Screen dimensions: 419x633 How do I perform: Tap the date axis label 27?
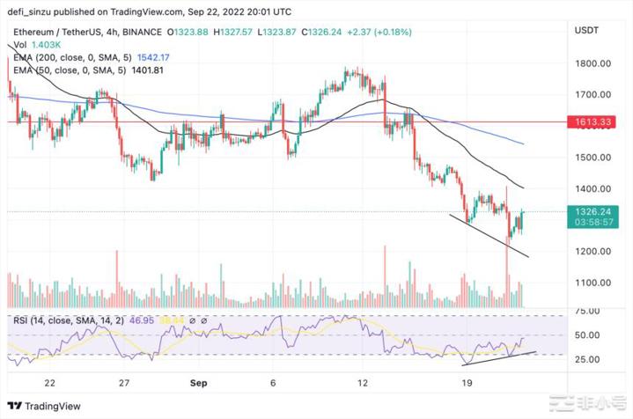(124, 383)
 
